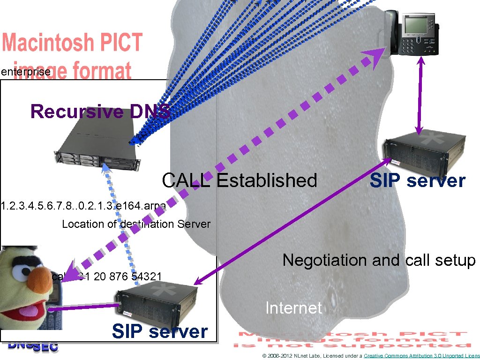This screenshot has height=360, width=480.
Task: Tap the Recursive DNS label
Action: click(x=100, y=112)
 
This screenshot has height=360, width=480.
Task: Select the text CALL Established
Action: click(x=239, y=180)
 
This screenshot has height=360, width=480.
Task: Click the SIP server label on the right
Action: click(x=417, y=181)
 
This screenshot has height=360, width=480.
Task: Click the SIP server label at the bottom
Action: click(x=159, y=332)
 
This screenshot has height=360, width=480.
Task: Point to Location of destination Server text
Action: click(x=136, y=224)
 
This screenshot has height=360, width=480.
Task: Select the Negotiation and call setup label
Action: click(x=379, y=260)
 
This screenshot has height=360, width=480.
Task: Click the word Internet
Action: click(x=293, y=308)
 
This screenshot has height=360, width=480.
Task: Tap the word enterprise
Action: click(x=25, y=72)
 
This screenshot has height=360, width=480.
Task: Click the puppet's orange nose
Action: click(x=38, y=282)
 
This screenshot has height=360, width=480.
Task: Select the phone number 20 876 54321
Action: click(x=127, y=277)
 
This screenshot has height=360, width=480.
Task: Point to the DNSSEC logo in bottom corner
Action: click(x=33, y=346)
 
